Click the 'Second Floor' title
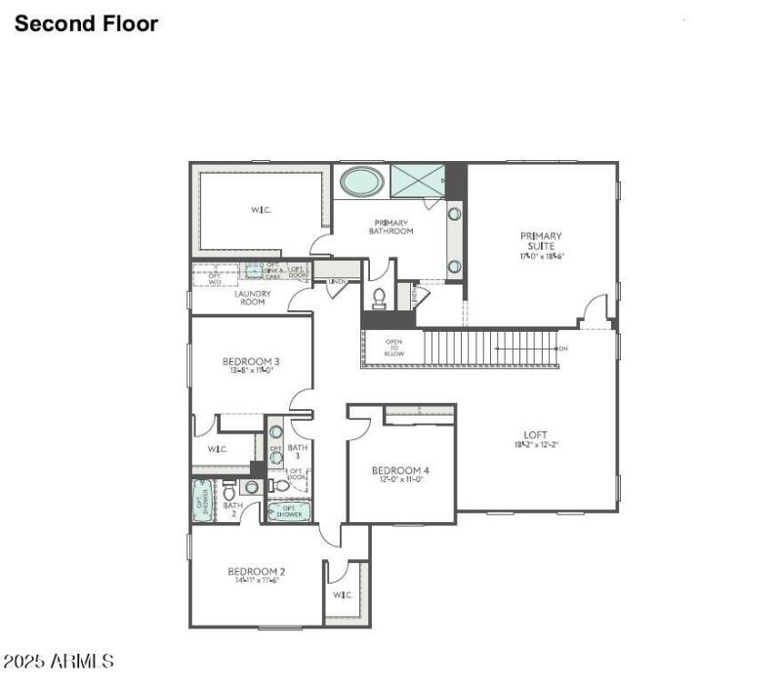tap(86, 24)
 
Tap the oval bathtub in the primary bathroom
tap(362, 181)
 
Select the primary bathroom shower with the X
tap(417, 181)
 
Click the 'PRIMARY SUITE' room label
tap(541, 240)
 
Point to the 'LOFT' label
tap(535, 434)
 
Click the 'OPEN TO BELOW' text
tap(393, 347)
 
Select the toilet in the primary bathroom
tap(380, 297)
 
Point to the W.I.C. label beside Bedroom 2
tap(342, 594)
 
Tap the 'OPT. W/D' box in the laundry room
tap(215, 278)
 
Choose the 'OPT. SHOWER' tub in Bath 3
tap(289, 510)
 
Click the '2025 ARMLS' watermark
tap(59, 662)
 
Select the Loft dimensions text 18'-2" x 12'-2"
tap(535, 445)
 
